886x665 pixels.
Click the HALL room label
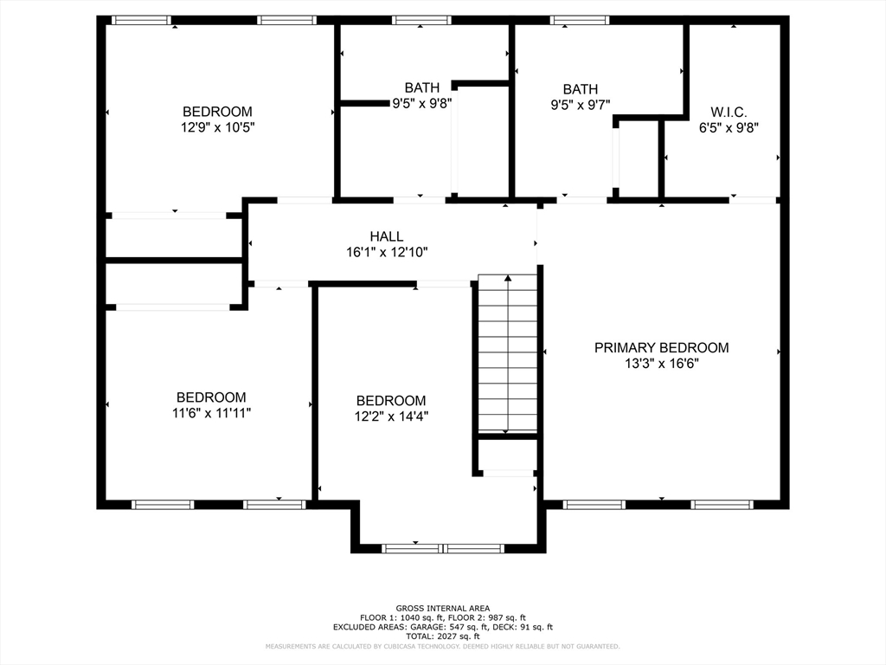387,236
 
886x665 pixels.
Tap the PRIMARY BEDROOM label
661,348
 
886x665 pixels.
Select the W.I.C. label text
729,112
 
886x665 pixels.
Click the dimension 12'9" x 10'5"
217,127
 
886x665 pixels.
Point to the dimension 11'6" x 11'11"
211,413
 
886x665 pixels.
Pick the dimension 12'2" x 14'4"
391,416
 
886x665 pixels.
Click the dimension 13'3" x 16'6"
662,364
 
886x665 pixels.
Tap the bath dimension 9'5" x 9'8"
422,104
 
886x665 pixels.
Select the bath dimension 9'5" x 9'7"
581,105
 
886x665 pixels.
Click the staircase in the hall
507,353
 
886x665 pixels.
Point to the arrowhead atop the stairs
508,278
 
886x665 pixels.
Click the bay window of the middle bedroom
443,548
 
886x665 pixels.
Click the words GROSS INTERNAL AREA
443,609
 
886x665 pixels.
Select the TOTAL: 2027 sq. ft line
443,636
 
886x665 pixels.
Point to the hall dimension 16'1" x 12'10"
387,252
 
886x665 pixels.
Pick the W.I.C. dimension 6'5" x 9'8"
729,128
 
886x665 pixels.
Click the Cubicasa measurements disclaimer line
443,646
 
